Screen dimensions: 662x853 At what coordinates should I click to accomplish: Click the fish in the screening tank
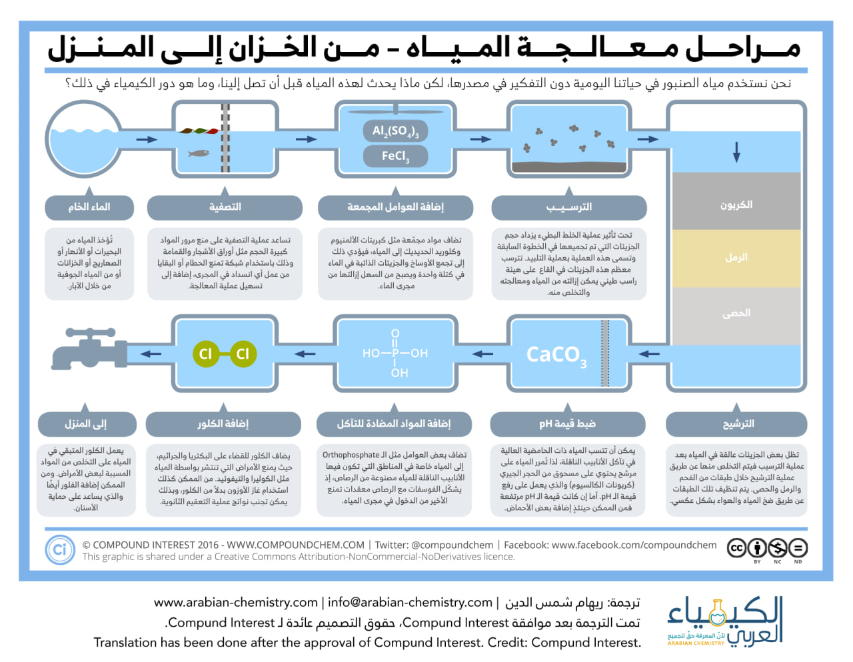coord(199,153)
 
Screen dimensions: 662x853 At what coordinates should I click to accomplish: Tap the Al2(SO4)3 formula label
coord(395,131)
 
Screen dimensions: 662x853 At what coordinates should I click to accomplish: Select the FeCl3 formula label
coord(395,157)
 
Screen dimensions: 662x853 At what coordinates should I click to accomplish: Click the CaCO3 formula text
coord(556,355)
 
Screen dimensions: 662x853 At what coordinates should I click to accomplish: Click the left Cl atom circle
coord(205,354)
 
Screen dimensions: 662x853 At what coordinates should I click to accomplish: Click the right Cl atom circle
coord(243,354)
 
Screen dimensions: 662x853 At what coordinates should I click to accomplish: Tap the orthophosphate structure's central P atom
coord(395,353)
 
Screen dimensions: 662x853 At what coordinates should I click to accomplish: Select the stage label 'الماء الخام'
coord(89,207)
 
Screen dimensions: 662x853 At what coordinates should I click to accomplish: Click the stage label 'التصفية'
coord(225,207)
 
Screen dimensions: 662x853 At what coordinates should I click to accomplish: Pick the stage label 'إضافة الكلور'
coord(223,424)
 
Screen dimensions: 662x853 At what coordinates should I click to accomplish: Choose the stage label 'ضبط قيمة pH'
coord(567,424)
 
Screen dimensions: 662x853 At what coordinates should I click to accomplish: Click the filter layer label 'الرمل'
coord(736,257)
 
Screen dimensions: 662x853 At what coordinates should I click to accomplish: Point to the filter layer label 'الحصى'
coord(736,313)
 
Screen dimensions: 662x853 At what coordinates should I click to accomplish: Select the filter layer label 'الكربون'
coord(736,204)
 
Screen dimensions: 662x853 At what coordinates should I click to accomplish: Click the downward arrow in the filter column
coord(736,152)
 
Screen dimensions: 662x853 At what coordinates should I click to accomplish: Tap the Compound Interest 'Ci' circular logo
coord(59,550)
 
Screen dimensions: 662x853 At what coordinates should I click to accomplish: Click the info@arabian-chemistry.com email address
coord(410,603)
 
